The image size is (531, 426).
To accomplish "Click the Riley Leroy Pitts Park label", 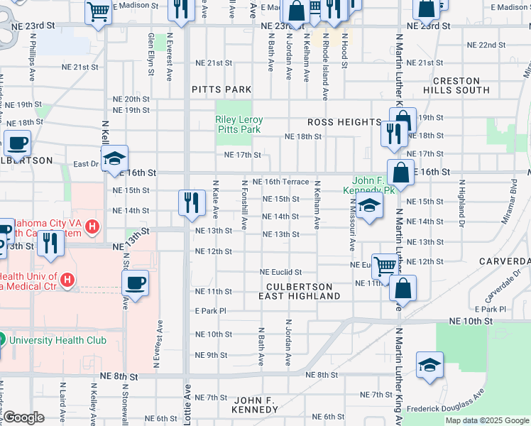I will point(239,125).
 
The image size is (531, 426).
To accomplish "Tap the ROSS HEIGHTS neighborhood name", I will point(344,122).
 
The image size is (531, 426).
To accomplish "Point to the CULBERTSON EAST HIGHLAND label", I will point(299,291).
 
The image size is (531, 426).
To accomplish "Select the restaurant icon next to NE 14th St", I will point(192,202).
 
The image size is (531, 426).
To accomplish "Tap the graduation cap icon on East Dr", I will point(114,160).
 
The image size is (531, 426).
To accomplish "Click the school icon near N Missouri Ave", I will point(369,207).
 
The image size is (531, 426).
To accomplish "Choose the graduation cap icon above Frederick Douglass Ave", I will point(429,365).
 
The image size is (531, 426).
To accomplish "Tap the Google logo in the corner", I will point(23,417).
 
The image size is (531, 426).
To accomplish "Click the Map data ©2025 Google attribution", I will point(487,420).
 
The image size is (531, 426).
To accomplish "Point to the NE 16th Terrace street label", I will point(285,182).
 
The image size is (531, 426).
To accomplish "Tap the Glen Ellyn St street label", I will point(150,50).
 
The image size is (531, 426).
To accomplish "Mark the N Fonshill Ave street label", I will point(244,204).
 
